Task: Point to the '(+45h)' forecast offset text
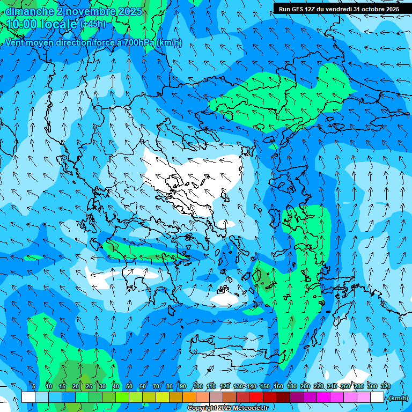93,24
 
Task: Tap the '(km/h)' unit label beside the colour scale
398,398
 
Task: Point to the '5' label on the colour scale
34,386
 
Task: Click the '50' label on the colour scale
129,386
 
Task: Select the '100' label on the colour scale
197,386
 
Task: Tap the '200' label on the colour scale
305,386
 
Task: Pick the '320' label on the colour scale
385,386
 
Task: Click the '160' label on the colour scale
278,386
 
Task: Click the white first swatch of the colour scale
28,398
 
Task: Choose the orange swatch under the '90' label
189,398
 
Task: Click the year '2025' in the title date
129,11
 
